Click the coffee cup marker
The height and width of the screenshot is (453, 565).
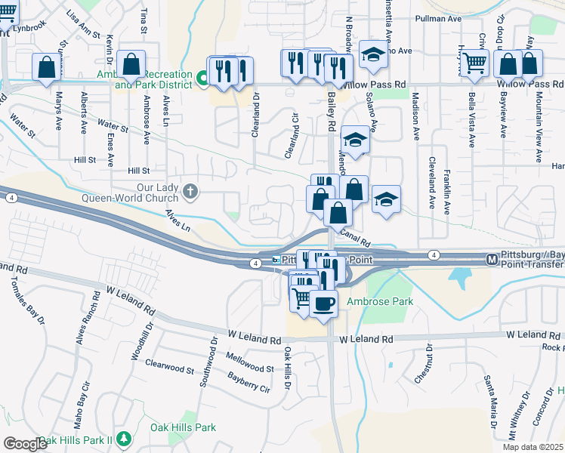coord(324,304)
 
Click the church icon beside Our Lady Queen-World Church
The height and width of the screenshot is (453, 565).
coord(190,191)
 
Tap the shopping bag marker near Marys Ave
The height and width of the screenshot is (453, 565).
coord(47,66)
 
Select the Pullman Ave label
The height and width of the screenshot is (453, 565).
coord(440,18)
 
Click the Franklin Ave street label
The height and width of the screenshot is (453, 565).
coord(446,193)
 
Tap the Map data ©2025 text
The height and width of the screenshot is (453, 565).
coord(532,447)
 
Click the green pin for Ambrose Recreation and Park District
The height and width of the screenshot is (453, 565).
coord(202,78)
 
